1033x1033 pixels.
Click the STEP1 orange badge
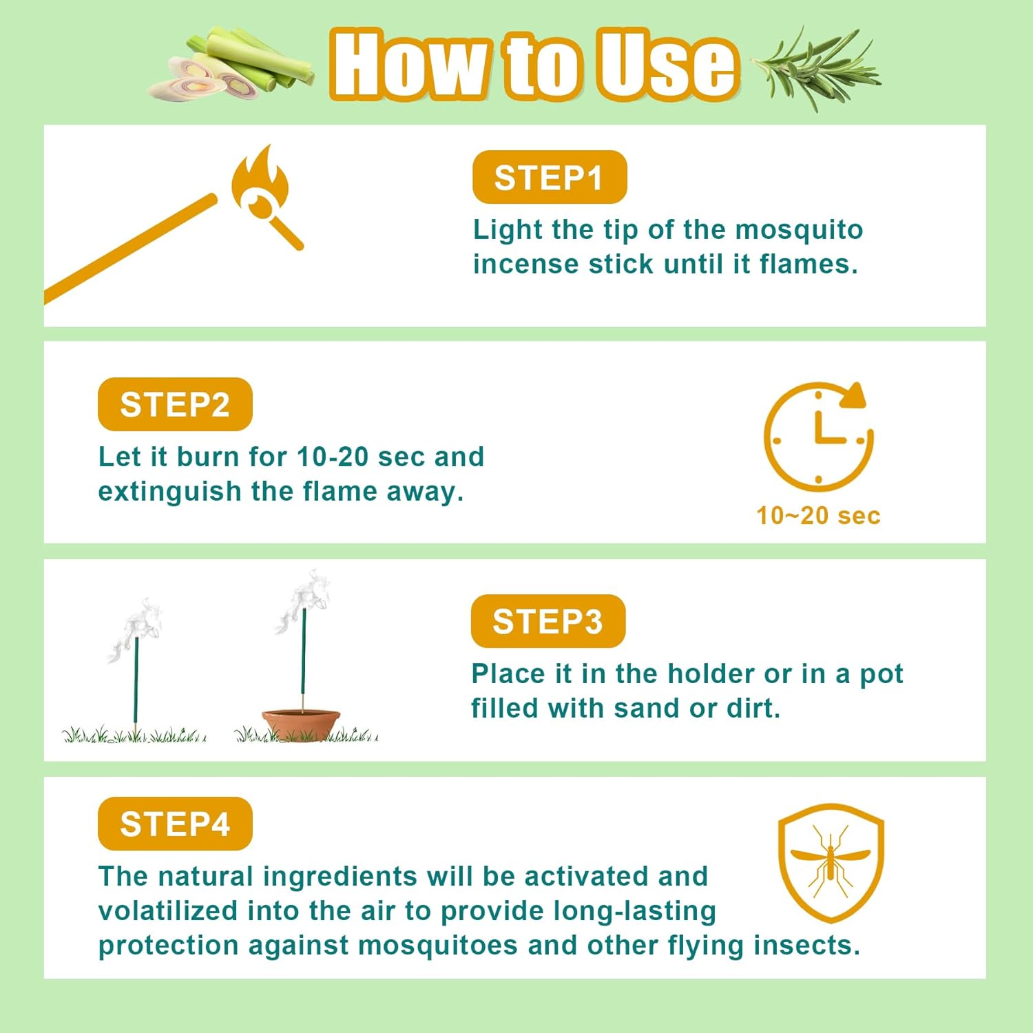(549, 178)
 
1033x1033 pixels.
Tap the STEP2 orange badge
(175, 404)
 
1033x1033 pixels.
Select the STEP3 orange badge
(547, 621)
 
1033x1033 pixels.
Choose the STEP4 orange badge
(175, 824)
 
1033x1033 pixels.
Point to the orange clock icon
(817, 435)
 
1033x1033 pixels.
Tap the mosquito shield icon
(830, 862)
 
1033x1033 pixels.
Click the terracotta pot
(301, 724)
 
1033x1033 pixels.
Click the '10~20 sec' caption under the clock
(817, 515)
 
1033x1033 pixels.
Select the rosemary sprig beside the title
(816, 69)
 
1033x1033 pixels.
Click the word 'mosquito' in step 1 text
(799, 230)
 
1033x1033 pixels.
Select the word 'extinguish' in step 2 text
(169, 492)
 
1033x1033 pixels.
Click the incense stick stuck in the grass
(136, 682)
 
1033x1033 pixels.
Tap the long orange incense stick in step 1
(131, 248)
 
